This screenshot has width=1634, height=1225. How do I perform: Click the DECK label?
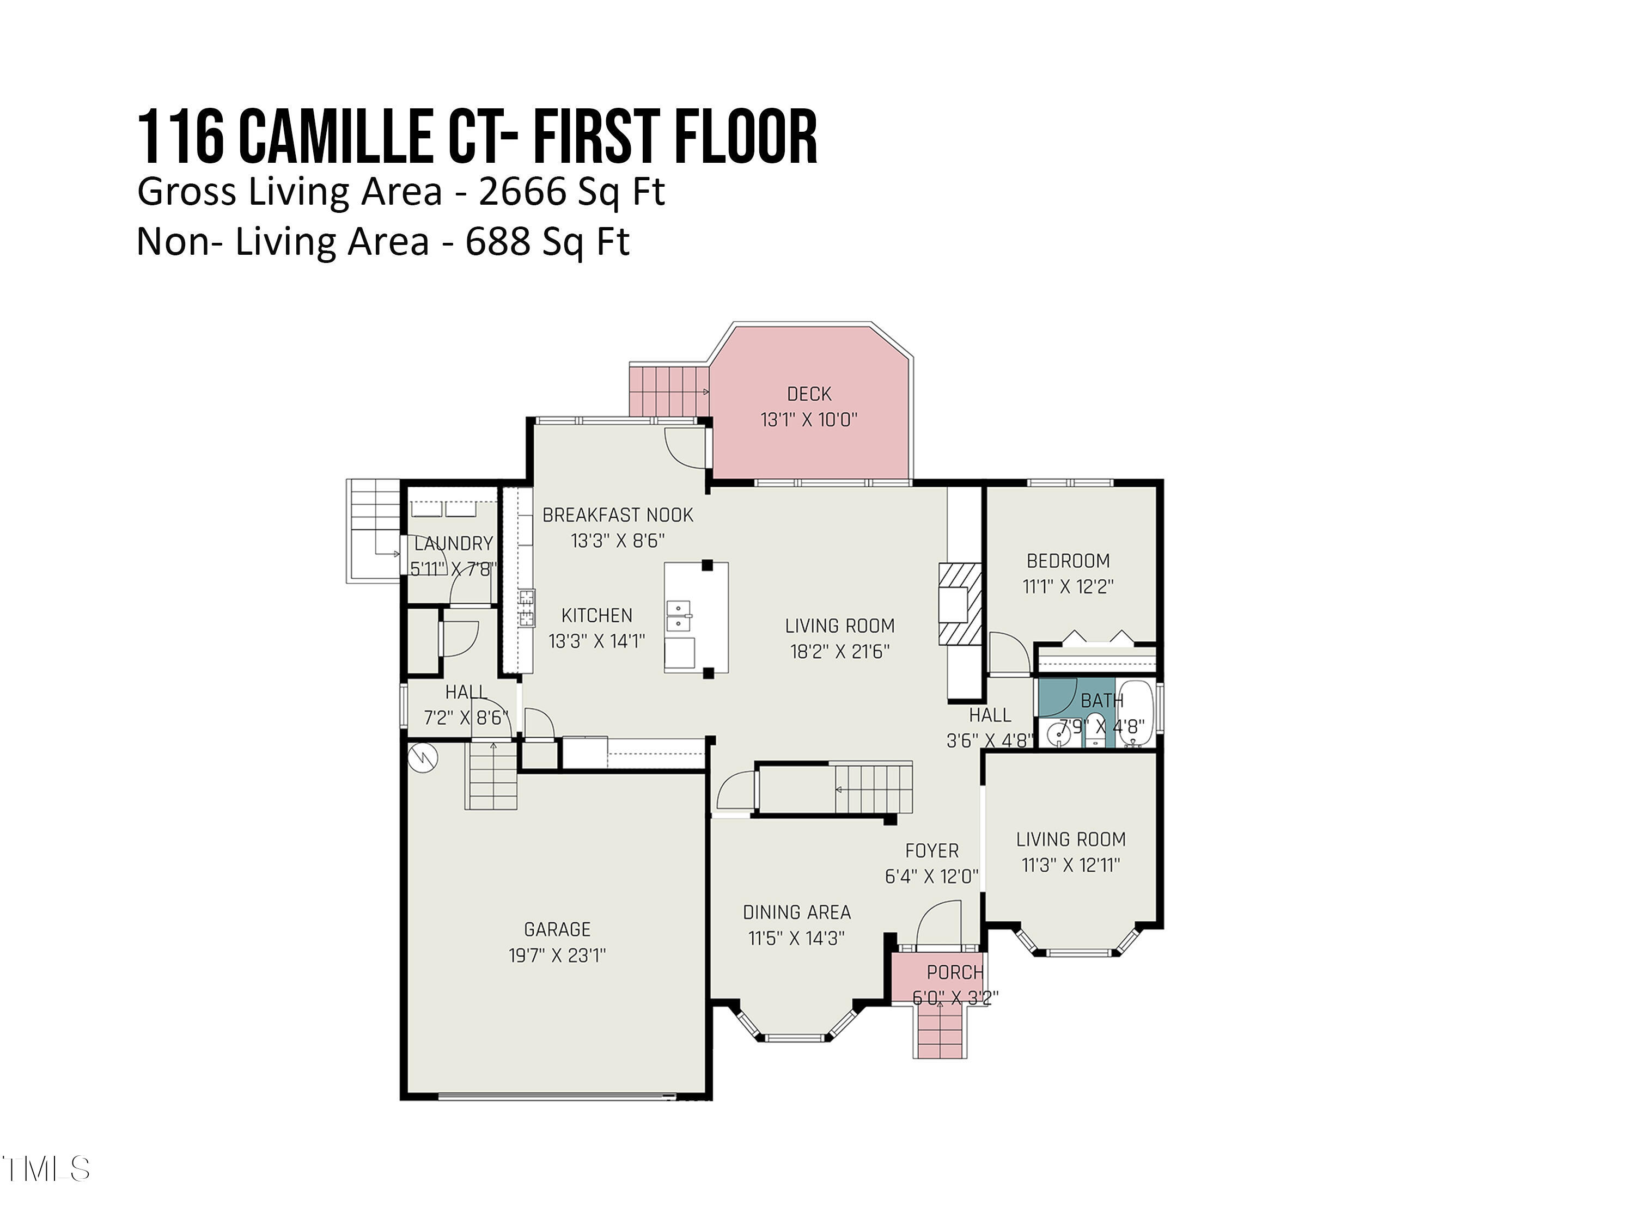click(809, 394)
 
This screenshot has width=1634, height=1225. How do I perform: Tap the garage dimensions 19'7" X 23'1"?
click(557, 955)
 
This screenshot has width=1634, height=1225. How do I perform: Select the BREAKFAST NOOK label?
click(618, 516)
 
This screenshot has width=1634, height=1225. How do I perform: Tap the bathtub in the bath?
click(1135, 715)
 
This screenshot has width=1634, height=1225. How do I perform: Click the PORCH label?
click(954, 972)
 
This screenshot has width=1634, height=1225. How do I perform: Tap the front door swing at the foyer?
click(940, 923)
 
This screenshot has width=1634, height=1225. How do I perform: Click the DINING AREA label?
click(796, 912)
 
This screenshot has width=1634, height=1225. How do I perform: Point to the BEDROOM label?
click(1068, 561)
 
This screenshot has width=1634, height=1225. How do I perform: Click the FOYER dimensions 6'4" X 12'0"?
click(931, 877)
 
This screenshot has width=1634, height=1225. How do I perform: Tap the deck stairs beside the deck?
click(668, 390)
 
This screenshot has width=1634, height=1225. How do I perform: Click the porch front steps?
click(940, 1032)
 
